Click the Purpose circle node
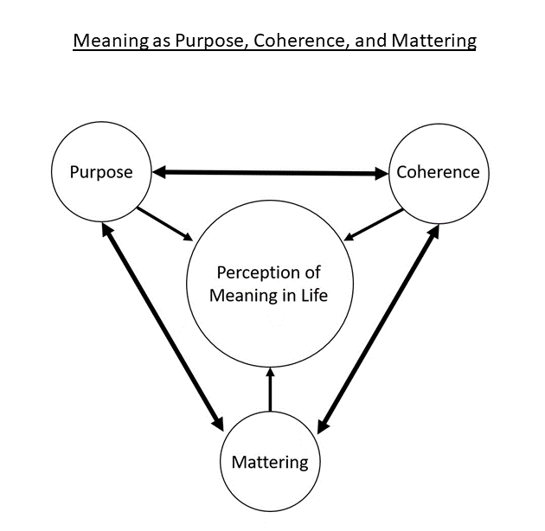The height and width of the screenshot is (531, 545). click(x=101, y=171)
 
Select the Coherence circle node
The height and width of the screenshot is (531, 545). click(x=438, y=171)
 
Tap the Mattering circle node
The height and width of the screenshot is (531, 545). click(x=270, y=462)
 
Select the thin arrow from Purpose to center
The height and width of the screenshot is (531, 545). click(x=165, y=222)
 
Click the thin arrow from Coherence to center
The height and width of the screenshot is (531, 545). click(x=375, y=223)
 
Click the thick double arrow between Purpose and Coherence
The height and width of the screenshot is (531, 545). click(x=270, y=173)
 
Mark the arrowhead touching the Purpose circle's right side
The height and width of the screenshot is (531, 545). click(x=159, y=172)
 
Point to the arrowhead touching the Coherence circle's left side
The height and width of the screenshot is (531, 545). click(x=381, y=174)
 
